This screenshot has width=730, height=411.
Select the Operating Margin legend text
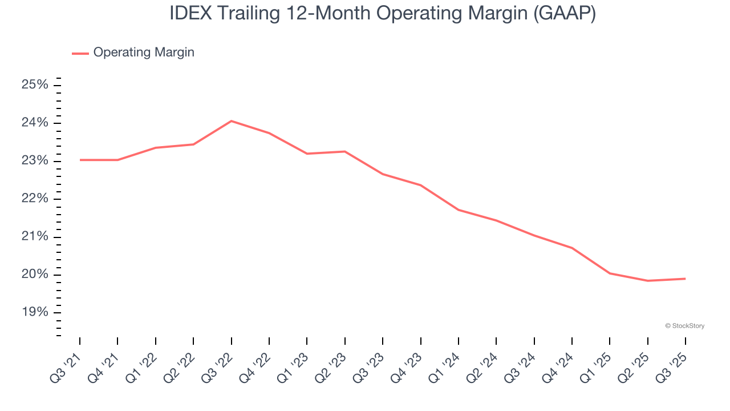(x=144, y=53)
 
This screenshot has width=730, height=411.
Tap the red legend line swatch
(x=80, y=53)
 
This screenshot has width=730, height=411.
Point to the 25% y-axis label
(x=35, y=85)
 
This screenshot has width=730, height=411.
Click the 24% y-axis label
(x=35, y=123)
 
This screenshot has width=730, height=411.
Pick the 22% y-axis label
(x=35, y=199)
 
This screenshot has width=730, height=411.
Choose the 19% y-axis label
(x=35, y=312)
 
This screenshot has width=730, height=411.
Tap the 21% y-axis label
(x=35, y=237)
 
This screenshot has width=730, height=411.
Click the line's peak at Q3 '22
(x=231, y=121)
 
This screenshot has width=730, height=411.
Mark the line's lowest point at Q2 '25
(x=647, y=281)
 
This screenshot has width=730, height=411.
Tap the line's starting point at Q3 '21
(x=80, y=160)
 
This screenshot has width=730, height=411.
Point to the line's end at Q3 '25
(x=685, y=279)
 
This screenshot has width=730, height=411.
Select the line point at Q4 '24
(x=571, y=248)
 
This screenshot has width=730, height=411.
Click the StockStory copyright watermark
(x=684, y=326)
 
